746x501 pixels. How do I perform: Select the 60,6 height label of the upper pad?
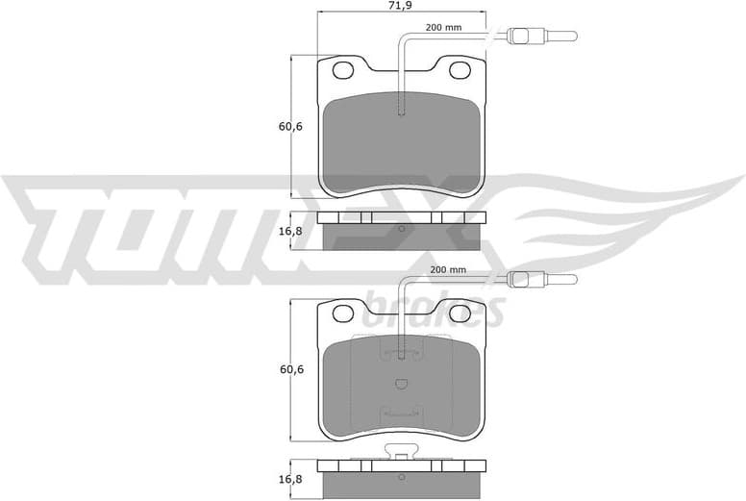[279, 127]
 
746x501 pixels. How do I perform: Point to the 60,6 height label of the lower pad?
[279, 368]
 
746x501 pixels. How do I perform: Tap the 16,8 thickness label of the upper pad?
[279, 232]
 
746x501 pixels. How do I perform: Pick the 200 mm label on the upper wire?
[443, 28]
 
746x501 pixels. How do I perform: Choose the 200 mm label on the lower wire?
[448, 270]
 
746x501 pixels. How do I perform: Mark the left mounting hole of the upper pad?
[343, 69]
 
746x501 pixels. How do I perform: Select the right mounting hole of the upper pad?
[460, 69]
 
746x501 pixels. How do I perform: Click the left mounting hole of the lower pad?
[343, 312]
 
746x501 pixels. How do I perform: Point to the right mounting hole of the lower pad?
[460, 312]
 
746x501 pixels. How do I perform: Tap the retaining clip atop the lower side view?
[402, 452]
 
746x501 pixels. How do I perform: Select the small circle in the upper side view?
[402, 231]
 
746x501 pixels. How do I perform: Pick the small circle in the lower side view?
[402, 475]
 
